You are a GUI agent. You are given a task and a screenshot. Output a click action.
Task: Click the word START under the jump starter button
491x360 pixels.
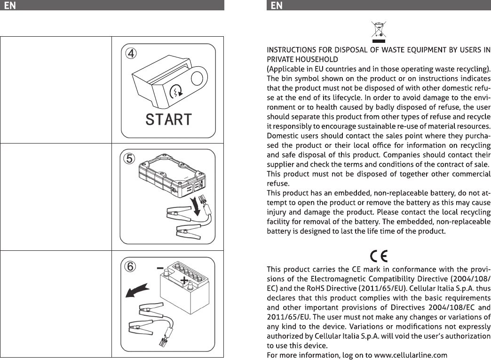click(x=168, y=120)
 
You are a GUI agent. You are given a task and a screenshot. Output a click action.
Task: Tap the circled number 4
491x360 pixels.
click(x=131, y=53)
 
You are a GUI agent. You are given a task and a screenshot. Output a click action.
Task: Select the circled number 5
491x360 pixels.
click(x=129, y=158)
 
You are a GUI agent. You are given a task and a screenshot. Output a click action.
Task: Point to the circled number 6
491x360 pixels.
click(x=130, y=267)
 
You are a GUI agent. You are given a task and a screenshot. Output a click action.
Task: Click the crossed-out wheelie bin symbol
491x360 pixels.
click(x=379, y=30)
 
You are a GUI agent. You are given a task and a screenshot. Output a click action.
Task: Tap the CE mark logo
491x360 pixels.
click(x=379, y=256)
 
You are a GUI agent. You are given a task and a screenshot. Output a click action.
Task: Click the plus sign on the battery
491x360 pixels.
click(x=184, y=280)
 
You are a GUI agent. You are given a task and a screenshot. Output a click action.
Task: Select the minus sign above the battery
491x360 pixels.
click(x=160, y=268)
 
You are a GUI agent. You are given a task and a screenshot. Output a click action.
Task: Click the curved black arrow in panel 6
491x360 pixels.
click(x=137, y=290)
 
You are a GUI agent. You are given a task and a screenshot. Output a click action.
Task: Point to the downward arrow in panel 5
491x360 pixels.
click(x=197, y=206)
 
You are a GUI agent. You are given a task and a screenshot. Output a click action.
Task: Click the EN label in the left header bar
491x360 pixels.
click(x=10, y=5)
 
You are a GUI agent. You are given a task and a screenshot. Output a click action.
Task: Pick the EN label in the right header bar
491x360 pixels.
click(x=277, y=5)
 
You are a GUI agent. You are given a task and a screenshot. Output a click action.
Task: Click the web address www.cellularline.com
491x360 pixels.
click(x=411, y=355)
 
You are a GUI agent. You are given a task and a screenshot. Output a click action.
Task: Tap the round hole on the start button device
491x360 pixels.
click(x=197, y=78)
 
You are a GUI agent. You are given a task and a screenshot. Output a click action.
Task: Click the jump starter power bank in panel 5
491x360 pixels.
click(x=172, y=176)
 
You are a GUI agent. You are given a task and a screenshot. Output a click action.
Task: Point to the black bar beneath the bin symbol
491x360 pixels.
click(x=379, y=41)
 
